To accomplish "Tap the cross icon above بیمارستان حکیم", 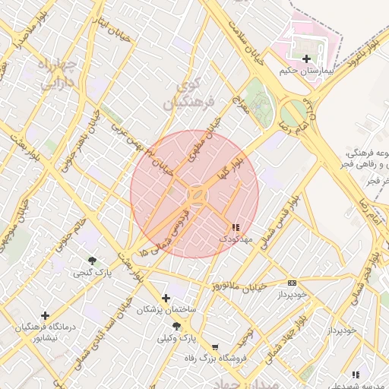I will coord(306,59).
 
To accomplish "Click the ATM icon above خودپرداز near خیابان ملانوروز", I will coord(293,283).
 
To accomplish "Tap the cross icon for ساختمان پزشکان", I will coord(166,299).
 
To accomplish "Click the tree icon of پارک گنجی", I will coord(92,261).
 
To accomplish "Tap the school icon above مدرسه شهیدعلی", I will coord(356,375).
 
